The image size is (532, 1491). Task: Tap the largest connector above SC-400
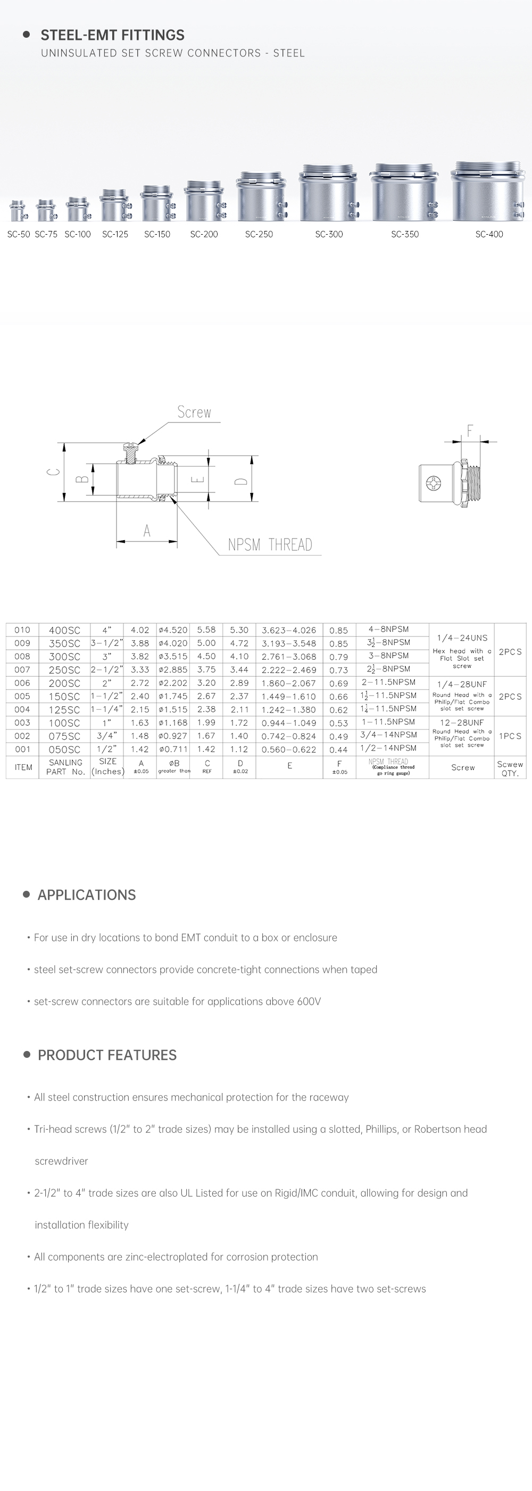[x=489, y=192]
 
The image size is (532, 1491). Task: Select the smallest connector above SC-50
[x=18, y=211]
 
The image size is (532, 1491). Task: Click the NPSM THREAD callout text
[x=270, y=545]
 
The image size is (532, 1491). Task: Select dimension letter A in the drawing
[x=147, y=531]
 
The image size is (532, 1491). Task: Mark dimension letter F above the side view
[x=469, y=430]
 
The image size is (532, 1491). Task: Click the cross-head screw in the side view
[x=434, y=482]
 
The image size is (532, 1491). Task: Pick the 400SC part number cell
[x=64, y=629]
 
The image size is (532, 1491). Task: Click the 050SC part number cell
[x=64, y=750]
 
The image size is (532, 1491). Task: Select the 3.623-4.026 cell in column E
[x=289, y=629]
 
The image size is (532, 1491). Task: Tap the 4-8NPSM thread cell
[x=388, y=629]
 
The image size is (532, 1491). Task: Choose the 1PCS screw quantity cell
[x=510, y=736]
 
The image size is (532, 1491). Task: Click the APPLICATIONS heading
[x=87, y=895]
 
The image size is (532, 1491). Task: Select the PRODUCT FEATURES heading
[x=107, y=1055]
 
